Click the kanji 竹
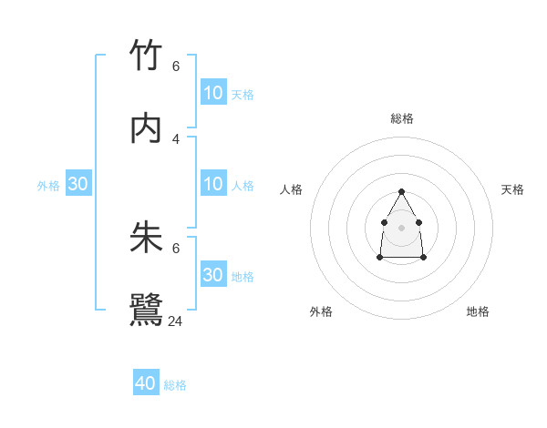click(x=146, y=56)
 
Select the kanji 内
click(x=146, y=128)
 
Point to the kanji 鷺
click(x=146, y=310)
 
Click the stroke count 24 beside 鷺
click(x=176, y=321)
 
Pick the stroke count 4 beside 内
click(x=176, y=138)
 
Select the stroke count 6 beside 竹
click(x=176, y=66)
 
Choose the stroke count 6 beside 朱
click(x=176, y=248)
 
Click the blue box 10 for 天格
click(x=213, y=92)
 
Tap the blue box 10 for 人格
click(x=213, y=184)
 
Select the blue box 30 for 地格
click(x=213, y=274)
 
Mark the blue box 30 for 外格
click(x=78, y=184)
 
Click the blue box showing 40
click(x=146, y=383)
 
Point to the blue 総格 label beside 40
click(x=176, y=385)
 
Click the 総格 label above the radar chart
click(x=402, y=118)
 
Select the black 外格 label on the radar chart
click(x=321, y=311)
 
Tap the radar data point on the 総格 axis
click(x=401, y=191)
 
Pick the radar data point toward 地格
click(x=424, y=258)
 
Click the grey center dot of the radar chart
click(x=401, y=226)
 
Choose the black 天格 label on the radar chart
click(x=513, y=189)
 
